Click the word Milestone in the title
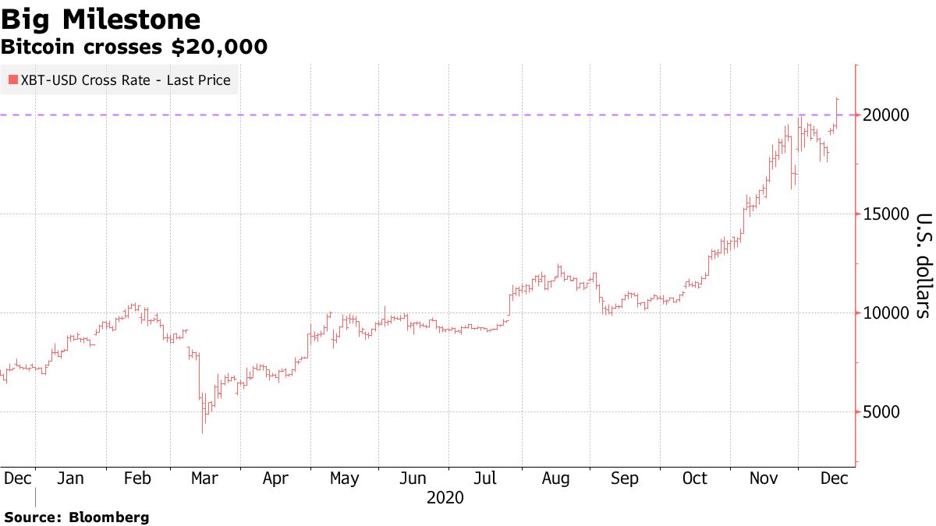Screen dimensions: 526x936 click(x=129, y=19)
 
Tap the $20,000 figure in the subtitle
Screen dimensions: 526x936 click(x=220, y=47)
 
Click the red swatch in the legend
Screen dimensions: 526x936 click(x=12, y=79)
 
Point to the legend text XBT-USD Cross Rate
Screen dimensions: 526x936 click(x=78, y=79)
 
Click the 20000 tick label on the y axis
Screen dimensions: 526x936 click(x=885, y=115)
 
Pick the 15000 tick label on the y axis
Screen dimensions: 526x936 click(x=885, y=214)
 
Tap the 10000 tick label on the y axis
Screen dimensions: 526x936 click(x=885, y=313)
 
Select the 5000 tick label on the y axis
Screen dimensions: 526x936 click(x=881, y=412)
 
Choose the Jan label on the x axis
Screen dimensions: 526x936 click(x=70, y=478)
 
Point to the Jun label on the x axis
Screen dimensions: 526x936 click(x=413, y=478)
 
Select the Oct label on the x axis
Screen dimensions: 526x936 click(x=694, y=478)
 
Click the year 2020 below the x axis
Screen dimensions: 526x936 click(x=445, y=497)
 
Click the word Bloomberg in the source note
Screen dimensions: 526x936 click(x=109, y=517)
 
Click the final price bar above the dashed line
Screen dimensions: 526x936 click(x=837, y=109)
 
